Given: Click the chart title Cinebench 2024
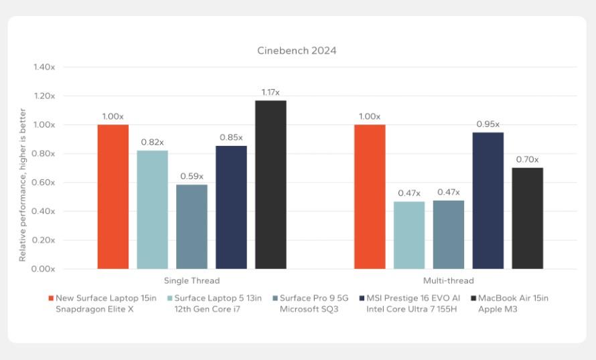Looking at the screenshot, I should (297, 50).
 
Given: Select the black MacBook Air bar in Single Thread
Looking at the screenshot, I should (271, 185).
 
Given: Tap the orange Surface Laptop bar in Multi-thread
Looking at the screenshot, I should (370, 197).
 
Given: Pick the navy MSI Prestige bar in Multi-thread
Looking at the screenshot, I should (488, 201).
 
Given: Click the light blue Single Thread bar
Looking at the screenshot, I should (152, 209).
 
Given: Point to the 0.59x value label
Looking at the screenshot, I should (192, 176).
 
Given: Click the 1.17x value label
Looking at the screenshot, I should (271, 92).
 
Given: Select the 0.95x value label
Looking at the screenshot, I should (488, 124).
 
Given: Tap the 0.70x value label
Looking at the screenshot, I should (527, 159).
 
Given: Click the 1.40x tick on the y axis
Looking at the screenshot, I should (44, 67).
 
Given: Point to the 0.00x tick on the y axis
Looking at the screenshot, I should (44, 269).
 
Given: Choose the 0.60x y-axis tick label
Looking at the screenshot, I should (44, 183).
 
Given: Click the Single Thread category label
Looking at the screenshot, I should (192, 281).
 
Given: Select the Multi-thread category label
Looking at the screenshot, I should (448, 281).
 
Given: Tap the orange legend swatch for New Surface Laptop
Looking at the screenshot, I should (51, 298).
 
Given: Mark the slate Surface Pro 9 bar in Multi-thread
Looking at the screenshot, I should (448, 234).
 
